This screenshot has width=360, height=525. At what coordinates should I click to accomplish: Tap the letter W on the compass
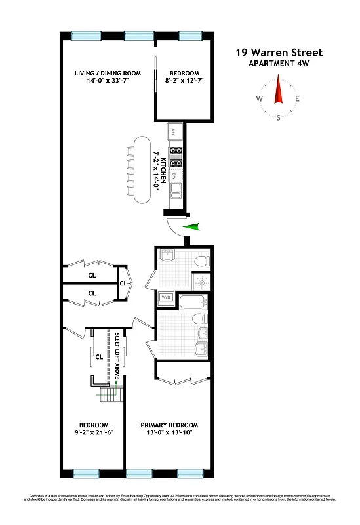pos(260,100)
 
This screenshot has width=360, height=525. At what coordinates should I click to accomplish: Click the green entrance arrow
pos(191,227)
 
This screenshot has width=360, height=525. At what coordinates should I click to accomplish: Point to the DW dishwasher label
pos(174,175)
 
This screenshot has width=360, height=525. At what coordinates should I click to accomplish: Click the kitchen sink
pos(175,192)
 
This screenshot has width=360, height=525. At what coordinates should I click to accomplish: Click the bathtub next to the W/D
pos(194,303)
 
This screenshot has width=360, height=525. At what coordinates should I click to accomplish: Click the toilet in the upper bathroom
pos(202,261)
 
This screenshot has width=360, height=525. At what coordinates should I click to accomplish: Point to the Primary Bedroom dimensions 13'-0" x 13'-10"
pos(169,433)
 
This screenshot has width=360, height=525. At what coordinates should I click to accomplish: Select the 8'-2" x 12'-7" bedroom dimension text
pos(184,81)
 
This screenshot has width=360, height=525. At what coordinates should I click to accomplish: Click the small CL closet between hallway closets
pos(123,283)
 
